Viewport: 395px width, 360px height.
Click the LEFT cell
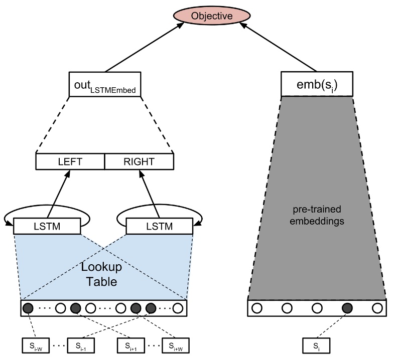tap(70, 161)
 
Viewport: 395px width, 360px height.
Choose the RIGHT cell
tap(139, 161)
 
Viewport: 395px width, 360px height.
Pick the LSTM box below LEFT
tap(47, 226)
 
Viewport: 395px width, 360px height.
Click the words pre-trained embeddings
tap(317, 215)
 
